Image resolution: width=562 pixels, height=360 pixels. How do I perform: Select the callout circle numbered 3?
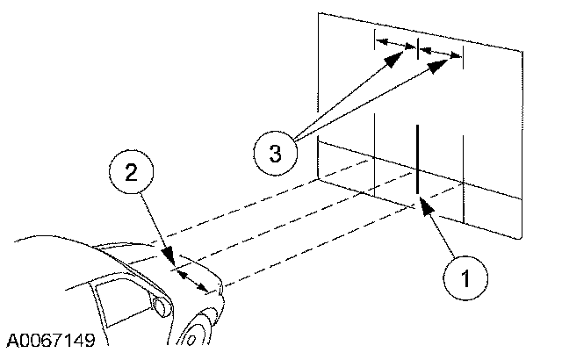[275, 154]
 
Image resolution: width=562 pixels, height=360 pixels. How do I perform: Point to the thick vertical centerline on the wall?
[417, 162]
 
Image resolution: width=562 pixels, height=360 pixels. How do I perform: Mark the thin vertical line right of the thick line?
[463, 176]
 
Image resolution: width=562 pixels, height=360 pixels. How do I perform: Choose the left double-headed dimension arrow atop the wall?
[396, 45]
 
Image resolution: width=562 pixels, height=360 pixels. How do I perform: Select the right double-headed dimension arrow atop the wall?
[441, 54]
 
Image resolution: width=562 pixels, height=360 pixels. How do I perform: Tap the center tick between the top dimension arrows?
[418, 47]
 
